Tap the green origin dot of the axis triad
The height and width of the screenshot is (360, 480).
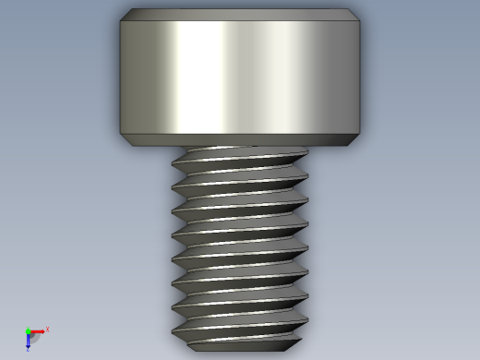click(28, 330)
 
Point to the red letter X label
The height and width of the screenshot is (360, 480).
click(47, 329)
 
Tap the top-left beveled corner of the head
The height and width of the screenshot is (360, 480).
click(125, 15)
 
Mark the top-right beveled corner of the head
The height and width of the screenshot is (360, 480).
click(355, 15)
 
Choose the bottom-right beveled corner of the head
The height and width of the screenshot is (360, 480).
click(354, 140)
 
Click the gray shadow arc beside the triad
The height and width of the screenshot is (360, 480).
click(34, 338)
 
